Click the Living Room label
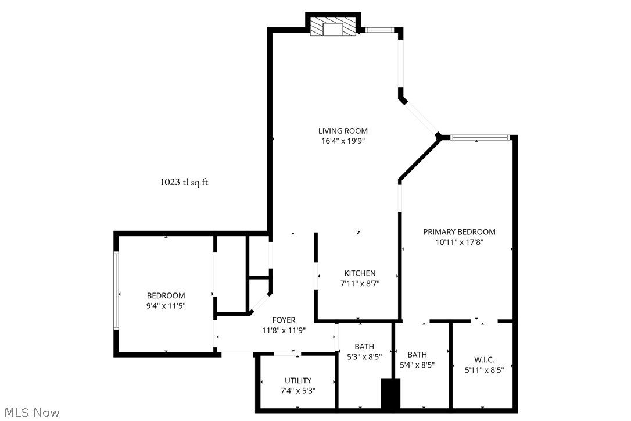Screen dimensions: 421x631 coord(343,131)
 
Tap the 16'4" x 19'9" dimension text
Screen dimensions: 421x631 coord(343,141)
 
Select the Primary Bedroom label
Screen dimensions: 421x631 coord(459,231)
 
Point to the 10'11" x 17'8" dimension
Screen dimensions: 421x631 coord(459,242)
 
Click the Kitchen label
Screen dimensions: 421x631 coord(360,273)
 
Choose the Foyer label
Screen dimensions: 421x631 coord(284,320)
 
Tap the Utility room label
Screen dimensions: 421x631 coord(298,380)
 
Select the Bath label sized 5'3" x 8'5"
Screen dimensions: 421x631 coord(364,347)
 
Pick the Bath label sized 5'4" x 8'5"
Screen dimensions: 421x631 coord(417,355)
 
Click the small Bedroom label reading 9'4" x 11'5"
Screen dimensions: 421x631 coord(166,295)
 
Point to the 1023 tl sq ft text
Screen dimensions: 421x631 coord(184,182)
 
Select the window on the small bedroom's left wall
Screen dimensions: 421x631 coord(116,290)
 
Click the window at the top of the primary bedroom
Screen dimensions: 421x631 coord(480,138)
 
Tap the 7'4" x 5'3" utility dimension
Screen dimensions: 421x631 coord(298,391)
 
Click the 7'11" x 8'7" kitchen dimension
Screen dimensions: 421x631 coord(360,284)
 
